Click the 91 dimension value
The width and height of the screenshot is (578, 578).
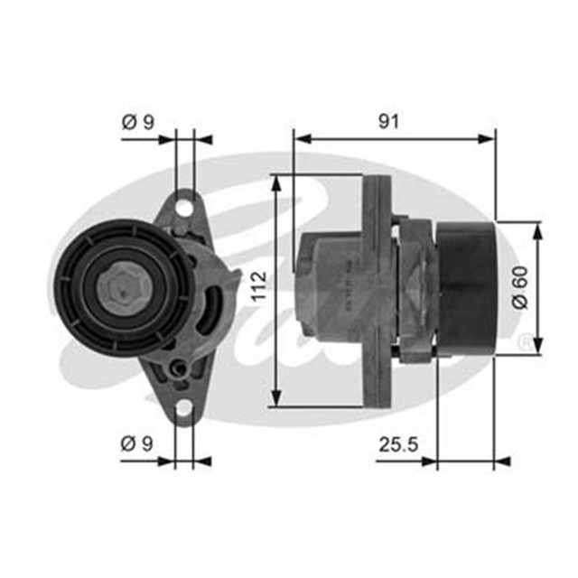(x=389, y=121)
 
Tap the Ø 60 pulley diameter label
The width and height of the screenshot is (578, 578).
(x=519, y=290)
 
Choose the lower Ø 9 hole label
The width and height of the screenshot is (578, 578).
(x=137, y=443)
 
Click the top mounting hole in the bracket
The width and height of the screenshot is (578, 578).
(x=184, y=208)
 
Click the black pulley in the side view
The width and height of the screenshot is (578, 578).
(x=465, y=287)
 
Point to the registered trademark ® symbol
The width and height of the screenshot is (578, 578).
(x=523, y=345)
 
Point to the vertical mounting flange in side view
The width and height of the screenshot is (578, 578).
(x=378, y=289)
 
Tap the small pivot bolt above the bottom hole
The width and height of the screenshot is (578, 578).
(x=179, y=368)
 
